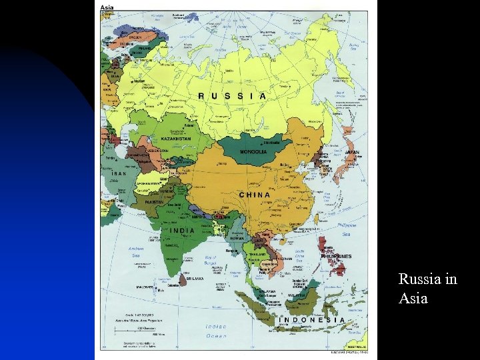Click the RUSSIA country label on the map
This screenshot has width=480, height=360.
(x=232, y=96)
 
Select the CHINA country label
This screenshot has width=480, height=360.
(x=255, y=195)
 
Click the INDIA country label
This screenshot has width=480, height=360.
(x=183, y=231)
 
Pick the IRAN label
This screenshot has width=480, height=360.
(x=119, y=173)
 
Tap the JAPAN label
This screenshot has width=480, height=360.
(x=351, y=152)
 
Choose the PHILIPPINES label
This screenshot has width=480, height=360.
(x=336, y=256)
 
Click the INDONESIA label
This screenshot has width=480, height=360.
(x=311, y=319)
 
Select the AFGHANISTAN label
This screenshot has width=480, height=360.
(x=148, y=183)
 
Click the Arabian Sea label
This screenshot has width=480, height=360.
(x=135, y=253)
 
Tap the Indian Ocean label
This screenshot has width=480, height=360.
(x=216, y=331)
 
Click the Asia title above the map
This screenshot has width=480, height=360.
(x=107, y=8)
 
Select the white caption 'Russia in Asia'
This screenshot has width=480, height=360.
(x=427, y=289)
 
